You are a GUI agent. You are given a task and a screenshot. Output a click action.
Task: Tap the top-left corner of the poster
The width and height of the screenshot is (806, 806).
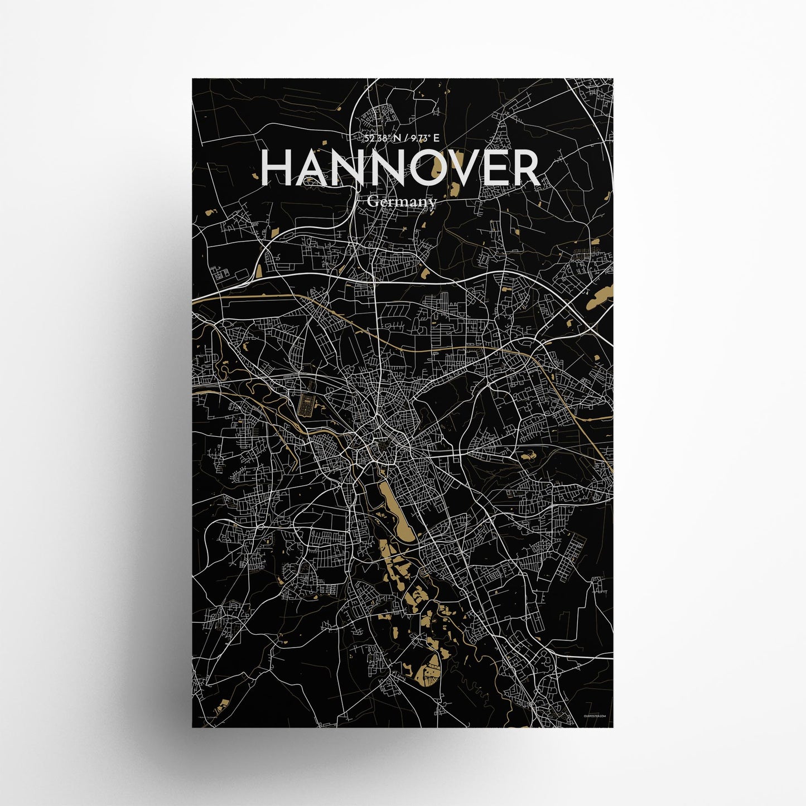coord(192,79)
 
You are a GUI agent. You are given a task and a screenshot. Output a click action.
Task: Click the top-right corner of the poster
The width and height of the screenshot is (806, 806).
coord(614,79)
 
